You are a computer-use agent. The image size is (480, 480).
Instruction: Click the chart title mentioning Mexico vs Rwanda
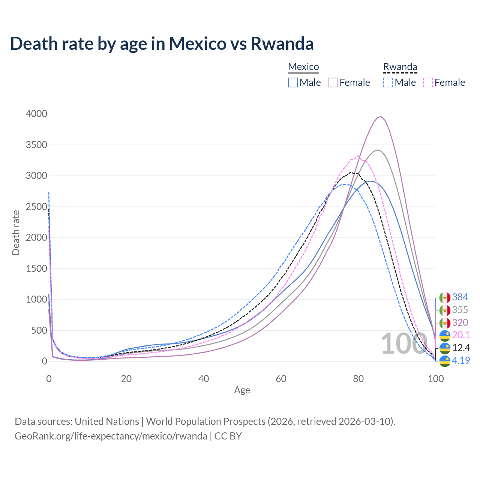pos(162,44)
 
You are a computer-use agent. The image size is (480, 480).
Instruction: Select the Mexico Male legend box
pos(293,82)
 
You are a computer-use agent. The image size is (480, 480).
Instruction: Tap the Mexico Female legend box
pos(333,82)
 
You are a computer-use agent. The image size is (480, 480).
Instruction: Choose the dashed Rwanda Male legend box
pos(388,82)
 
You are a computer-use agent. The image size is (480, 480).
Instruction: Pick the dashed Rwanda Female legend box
pos(427,82)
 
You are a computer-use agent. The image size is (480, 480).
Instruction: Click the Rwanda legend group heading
pos(400,67)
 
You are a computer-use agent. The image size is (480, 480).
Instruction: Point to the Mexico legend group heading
pos(303,67)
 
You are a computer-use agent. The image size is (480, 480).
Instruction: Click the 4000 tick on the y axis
pos(36,114)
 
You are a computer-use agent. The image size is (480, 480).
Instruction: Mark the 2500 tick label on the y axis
pos(36,207)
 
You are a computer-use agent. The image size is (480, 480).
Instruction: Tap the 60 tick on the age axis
pos(281,379)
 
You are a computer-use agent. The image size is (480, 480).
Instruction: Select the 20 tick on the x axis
pos(126,379)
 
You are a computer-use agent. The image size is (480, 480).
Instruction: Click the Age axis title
pos(242,390)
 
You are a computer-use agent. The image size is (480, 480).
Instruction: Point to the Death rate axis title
pos(16,232)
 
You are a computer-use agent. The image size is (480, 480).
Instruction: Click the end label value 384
pos(460,297)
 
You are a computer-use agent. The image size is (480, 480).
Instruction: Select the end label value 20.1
pos(461,335)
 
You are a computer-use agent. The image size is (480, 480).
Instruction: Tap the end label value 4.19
pos(461,360)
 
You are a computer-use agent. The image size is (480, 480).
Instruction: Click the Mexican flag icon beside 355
pos(445,310)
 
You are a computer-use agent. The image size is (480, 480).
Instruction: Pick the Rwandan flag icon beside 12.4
pos(445,348)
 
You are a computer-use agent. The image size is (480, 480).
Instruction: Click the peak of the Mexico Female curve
pos(381,117)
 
